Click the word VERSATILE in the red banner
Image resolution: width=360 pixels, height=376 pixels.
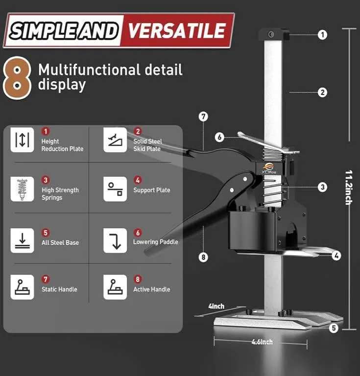point(178,30)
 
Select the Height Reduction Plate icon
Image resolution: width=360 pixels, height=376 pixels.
point(23,140)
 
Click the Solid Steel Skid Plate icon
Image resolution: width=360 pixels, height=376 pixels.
point(115,140)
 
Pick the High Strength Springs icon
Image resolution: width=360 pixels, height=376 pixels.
point(23,189)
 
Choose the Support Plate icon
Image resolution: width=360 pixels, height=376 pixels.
point(115,189)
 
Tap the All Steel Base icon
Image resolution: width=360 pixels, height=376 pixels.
point(23,240)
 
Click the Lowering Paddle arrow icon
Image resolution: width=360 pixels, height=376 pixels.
point(115,240)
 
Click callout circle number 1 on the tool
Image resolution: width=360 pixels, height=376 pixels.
point(322,35)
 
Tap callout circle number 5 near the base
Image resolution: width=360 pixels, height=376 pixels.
point(334,329)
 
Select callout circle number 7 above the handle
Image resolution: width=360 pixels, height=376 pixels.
point(203,117)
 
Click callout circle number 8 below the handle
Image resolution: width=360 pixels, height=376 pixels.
point(203,257)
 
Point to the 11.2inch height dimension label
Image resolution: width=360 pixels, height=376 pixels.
point(349,187)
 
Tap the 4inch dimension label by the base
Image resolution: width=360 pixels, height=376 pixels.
point(216,306)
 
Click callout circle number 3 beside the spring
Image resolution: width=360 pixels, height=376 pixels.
point(322,187)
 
